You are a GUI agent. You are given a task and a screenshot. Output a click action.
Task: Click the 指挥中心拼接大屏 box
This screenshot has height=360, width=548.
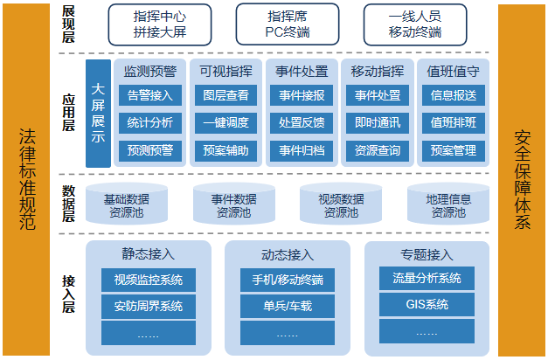pyautogui.click(x=160, y=24)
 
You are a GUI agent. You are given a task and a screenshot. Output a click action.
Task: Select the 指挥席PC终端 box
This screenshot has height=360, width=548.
pyautogui.click(x=288, y=24)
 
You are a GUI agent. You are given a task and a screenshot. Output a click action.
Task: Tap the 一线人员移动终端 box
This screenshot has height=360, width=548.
pyautogui.click(x=415, y=24)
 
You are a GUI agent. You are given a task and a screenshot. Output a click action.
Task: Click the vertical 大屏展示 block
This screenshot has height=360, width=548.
pyautogui.click(x=98, y=114)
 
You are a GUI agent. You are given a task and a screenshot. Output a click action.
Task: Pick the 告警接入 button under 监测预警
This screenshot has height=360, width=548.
pyautogui.click(x=150, y=95)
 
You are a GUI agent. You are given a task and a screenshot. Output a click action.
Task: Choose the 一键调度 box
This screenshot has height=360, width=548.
pyautogui.click(x=225, y=122)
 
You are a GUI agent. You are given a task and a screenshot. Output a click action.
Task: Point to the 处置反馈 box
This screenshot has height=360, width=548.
pyautogui.click(x=302, y=122)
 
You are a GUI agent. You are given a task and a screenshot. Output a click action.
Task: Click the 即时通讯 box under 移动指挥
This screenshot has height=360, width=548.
pyautogui.click(x=378, y=122)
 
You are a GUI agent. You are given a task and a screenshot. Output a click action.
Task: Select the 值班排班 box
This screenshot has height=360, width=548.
pyautogui.click(x=454, y=122)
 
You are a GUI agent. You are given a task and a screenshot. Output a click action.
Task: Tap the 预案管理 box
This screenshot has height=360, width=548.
pyautogui.click(x=454, y=150)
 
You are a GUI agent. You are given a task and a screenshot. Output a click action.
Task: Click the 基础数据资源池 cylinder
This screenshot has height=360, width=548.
pyautogui.click(x=127, y=204)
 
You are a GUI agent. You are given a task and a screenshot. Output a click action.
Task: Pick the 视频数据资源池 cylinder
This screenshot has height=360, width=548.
pyautogui.click(x=341, y=204)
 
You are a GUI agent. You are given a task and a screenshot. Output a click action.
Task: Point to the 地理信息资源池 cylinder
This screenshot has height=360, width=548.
pyautogui.click(x=448, y=204)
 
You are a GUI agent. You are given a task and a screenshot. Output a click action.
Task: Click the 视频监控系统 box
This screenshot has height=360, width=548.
pyautogui.click(x=149, y=280)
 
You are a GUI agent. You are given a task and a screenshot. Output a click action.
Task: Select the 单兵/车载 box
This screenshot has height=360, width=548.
pyautogui.click(x=288, y=306)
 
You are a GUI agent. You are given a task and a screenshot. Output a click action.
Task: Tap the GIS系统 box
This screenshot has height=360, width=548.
pyautogui.click(x=427, y=304)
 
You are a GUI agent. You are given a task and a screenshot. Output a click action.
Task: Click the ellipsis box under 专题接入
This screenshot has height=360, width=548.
pyautogui.click(x=427, y=331)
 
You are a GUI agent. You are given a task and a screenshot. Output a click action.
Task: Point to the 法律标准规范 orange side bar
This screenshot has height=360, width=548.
pyautogui.click(x=26, y=180)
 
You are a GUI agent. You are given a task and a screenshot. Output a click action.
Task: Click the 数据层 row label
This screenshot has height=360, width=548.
pyautogui.click(x=68, y=204)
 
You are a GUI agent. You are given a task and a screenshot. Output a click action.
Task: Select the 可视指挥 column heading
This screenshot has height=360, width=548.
pyautogui.click(x=225, y=72)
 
